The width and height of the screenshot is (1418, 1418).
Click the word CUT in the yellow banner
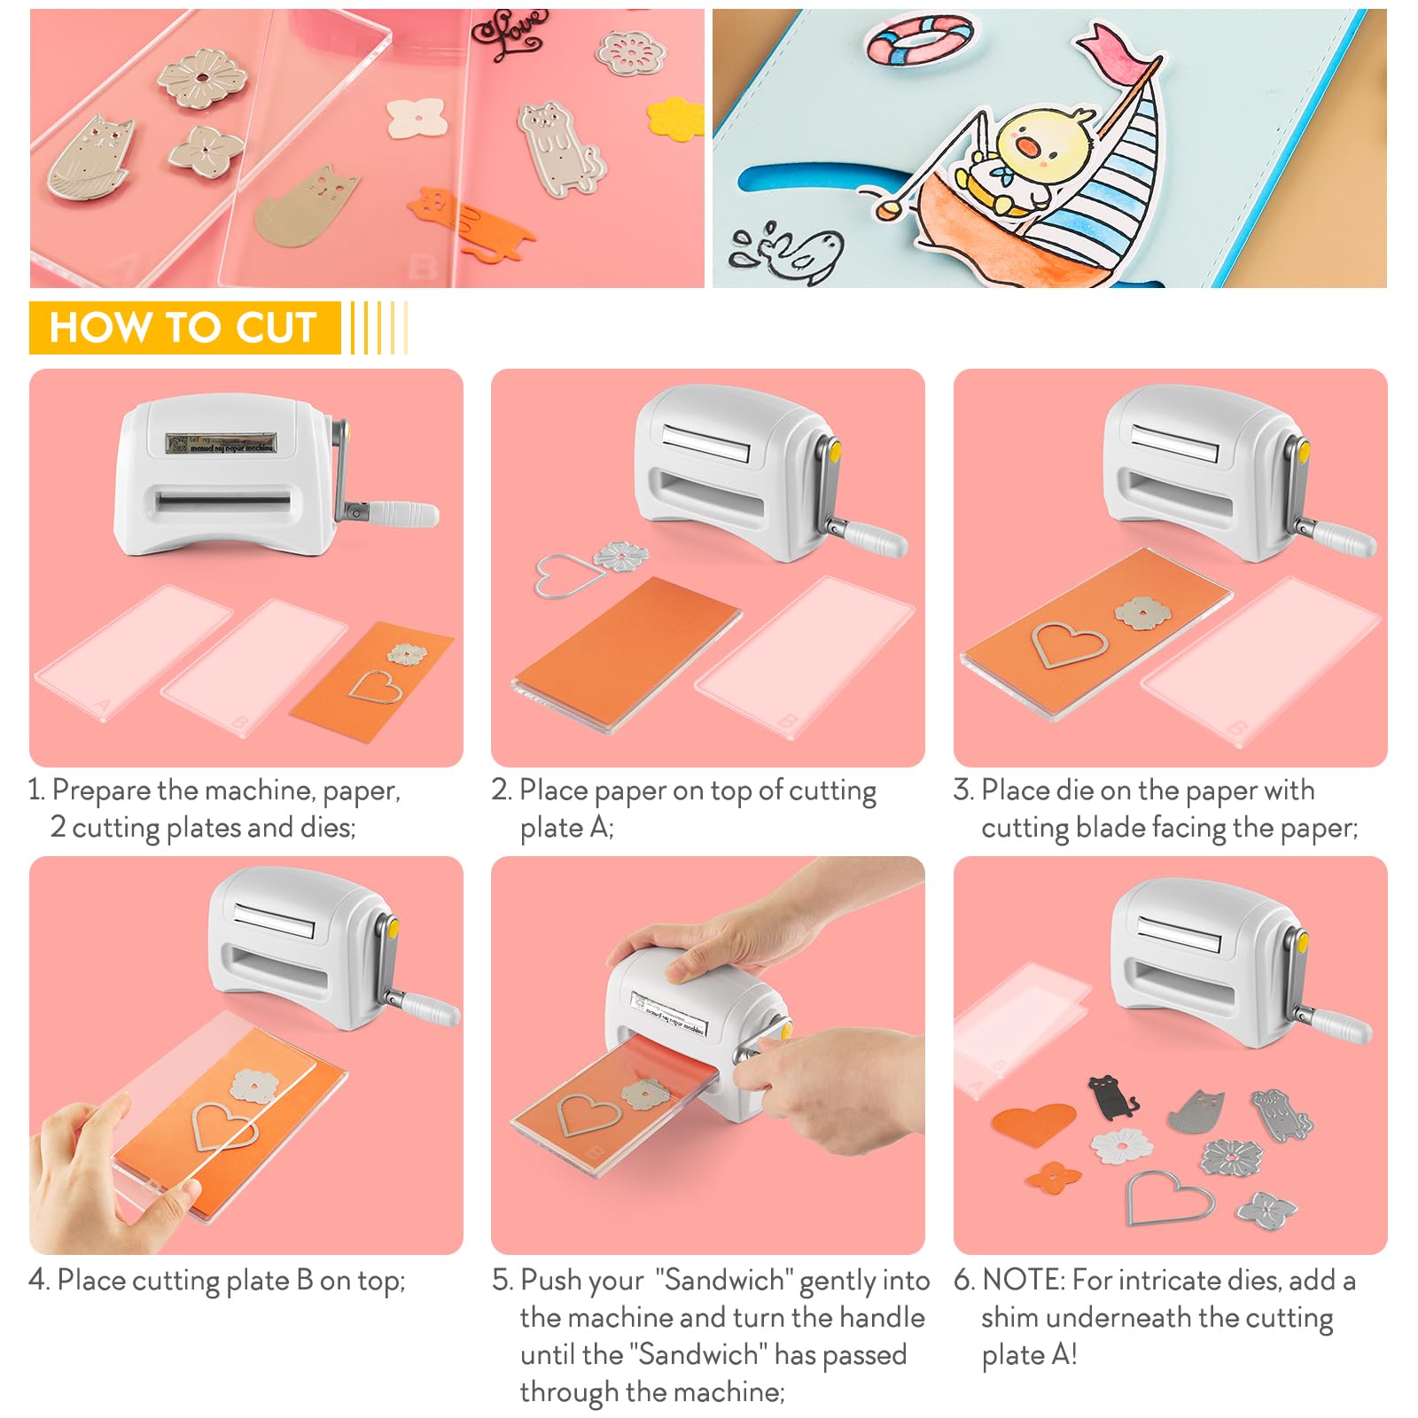(x=276, y=327)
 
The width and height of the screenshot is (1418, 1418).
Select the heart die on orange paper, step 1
(x=375, y=687)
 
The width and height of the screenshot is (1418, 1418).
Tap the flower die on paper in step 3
(x=1142, y=612)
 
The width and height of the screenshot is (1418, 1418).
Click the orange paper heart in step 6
(x=1033, y=1123)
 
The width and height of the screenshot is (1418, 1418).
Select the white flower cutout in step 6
(x=1122, y=1147)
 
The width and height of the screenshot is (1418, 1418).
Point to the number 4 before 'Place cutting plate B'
(x=37, y=1281)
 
